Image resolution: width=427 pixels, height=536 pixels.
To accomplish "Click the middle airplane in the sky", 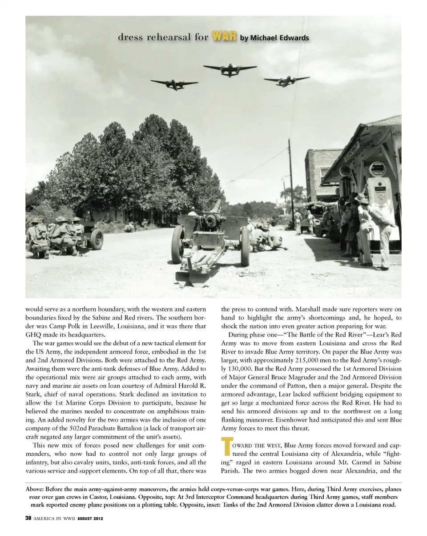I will point(230,70).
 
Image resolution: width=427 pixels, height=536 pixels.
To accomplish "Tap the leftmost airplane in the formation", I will point(174,84).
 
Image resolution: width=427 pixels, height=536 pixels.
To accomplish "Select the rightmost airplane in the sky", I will point(286,81).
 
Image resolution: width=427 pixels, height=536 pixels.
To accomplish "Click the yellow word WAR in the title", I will point(224,37).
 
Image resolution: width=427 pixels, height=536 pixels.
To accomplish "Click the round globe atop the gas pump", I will point(377,169).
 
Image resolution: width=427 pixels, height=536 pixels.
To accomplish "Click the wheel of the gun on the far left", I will point(96,239).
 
